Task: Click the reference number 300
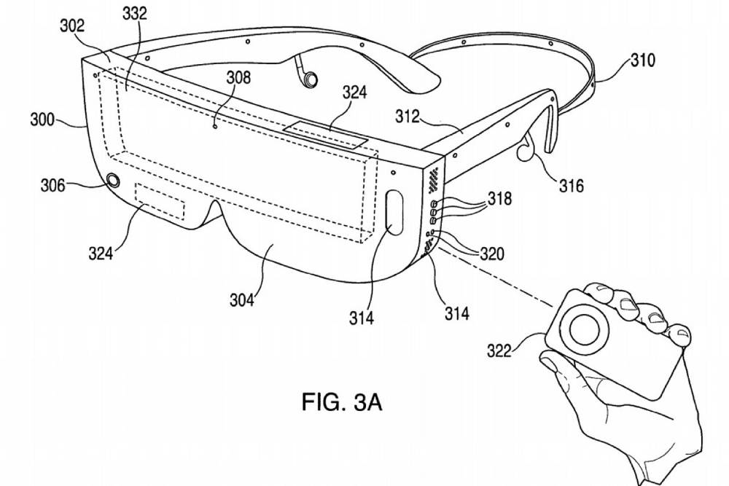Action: [x=42, y=119]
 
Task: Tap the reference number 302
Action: [x=72, y=26]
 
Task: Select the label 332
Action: [x=135, y=13]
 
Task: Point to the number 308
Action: [x=238, y=77]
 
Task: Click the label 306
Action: [x=52, y=185]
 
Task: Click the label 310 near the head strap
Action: [x=643, y=60]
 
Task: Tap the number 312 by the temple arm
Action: [x=408, y=116]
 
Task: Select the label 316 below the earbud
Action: [x=571, y=186]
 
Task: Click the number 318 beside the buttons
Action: [x=500, y=198]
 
